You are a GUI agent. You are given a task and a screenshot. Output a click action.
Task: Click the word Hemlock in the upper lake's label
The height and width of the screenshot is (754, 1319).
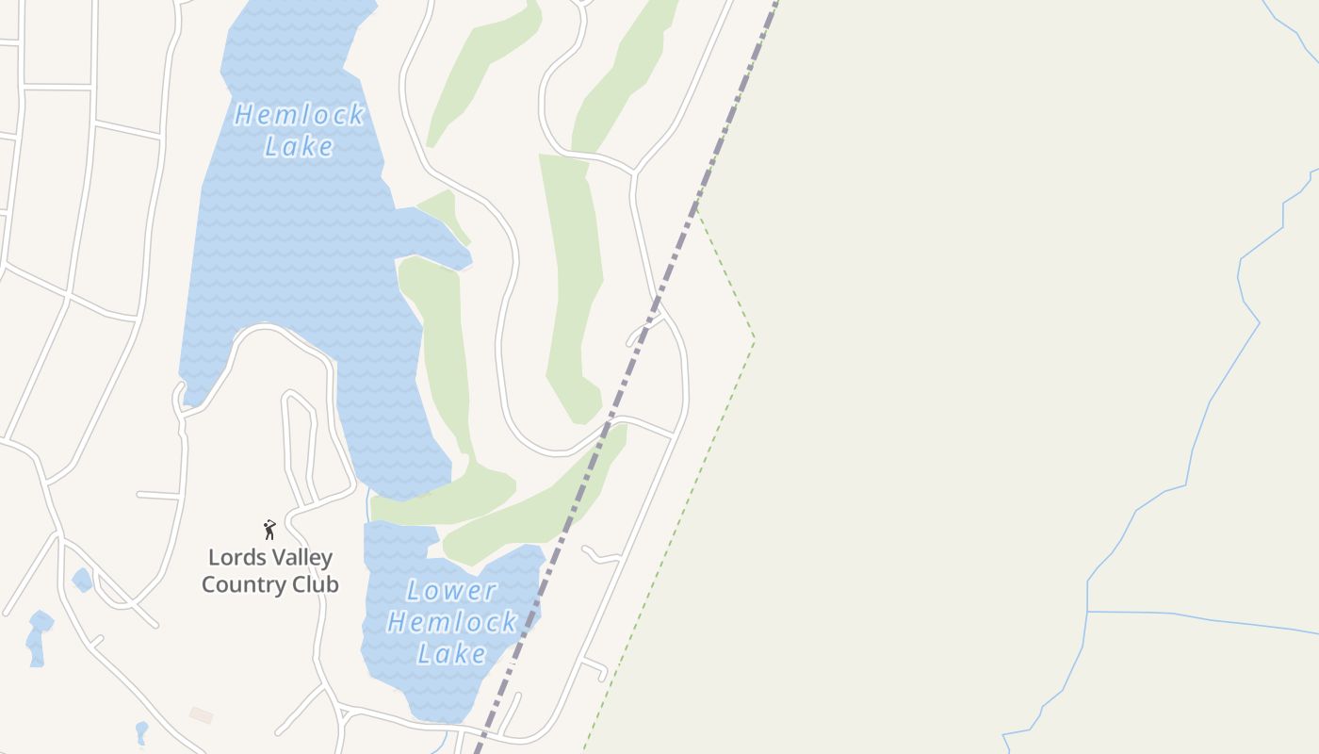(x=299, y=115)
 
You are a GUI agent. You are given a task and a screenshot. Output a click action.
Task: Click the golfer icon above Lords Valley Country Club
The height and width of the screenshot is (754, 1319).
(x=269, y=530)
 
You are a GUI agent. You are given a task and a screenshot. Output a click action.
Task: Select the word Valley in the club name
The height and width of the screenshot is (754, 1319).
(x=296, y=557)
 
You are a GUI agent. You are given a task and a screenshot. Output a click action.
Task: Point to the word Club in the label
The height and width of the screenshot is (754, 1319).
(x=315, y=584)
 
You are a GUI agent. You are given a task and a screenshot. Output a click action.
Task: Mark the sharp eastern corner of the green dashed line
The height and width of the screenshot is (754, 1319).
(x=754, y=336)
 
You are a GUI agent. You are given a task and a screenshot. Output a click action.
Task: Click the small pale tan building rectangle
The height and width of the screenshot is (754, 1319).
(x=201, y=715)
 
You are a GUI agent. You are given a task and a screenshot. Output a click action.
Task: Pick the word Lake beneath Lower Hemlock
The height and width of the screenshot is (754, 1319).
(x=451, y=653)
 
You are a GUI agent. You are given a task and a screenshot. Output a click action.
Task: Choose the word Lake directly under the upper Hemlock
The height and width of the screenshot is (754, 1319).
(x=299, y=146)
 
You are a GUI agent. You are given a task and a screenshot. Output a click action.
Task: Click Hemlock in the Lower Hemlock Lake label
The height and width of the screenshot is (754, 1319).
(x=451, y=622)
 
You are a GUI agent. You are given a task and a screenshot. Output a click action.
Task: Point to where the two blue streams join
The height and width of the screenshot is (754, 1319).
(x=1088, y=611)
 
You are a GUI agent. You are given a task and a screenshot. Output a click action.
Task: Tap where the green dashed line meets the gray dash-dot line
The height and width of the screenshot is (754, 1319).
(x=696, y=204)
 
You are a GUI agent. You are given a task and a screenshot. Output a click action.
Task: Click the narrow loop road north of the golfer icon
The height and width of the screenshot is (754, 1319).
(x=299, y=443)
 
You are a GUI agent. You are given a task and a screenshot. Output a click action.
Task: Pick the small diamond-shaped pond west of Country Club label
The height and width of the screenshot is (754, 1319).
(x=82, y=579)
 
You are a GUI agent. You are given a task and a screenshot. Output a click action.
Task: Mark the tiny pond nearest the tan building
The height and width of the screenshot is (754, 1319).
(x=141, y=730)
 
